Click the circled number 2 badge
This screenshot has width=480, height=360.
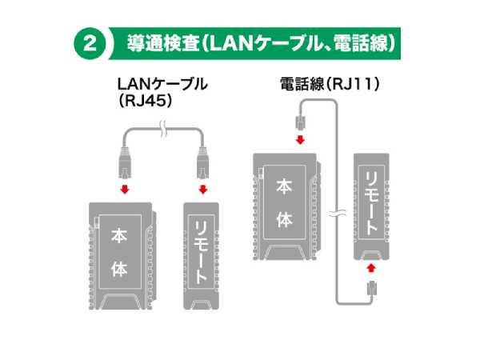90,44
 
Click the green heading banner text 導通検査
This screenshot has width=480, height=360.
163,44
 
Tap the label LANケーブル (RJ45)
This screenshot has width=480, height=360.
162,92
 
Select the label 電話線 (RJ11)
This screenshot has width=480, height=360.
330,83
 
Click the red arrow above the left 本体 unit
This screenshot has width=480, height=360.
125,190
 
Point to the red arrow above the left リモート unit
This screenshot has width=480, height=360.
203,190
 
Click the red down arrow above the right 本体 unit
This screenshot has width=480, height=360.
300,140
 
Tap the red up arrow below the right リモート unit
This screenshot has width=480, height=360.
371,268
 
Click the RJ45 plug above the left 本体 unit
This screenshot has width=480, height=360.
125,163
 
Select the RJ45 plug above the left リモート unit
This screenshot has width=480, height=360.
203,163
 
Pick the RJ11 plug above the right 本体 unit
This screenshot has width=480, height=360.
301,122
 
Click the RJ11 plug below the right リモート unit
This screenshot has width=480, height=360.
372,288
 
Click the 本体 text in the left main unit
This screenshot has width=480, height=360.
119,253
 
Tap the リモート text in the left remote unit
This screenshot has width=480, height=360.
201,252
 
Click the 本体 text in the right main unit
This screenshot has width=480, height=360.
284,203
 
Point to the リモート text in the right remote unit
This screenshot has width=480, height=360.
372,202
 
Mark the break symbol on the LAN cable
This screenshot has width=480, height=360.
164,130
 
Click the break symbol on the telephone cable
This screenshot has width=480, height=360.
338,214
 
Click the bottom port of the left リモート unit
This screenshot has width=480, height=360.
201,304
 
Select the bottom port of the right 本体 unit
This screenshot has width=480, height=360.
284,254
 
